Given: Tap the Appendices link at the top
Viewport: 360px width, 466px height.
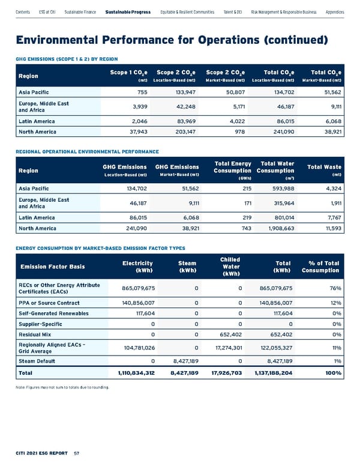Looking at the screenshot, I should coord(335,12).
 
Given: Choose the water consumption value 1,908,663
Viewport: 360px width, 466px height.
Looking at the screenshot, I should coord(275,228).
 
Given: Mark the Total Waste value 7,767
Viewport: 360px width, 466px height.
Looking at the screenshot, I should coord(332,216).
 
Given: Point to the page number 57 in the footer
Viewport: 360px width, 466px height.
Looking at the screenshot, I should coord(77,453).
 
